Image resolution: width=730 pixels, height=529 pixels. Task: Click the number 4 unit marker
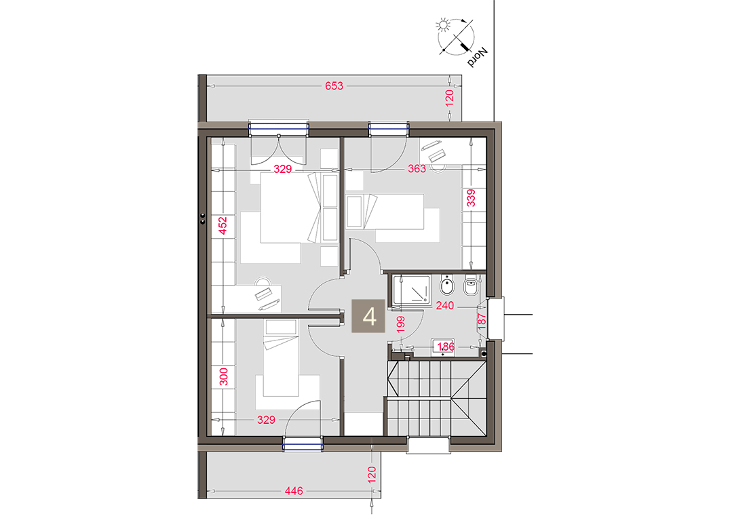(368, 316)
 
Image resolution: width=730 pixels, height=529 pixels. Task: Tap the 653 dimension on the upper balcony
(334, 86)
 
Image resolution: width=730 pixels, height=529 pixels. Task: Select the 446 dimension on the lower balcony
(294, 491)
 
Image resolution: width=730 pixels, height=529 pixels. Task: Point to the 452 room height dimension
(223, 225)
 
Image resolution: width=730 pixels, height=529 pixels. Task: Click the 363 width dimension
(417, 169)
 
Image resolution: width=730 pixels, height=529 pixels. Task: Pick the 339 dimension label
(471, 198)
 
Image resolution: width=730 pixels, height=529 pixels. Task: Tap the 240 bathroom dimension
(444, 306)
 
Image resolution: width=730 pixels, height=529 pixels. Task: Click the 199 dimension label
(400, 324)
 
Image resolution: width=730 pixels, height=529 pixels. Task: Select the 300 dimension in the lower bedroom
(223, 377)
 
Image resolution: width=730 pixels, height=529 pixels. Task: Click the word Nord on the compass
(477, 57)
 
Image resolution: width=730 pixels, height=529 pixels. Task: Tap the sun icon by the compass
(443, 24)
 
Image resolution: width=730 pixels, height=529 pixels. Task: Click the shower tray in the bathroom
(411, 290)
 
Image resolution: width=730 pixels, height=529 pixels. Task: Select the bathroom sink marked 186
(443, 347)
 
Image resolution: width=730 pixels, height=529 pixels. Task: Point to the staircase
(436, 398)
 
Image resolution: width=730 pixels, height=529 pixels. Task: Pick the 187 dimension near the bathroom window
(482, 321)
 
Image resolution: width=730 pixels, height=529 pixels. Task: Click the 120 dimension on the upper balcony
(449, 98)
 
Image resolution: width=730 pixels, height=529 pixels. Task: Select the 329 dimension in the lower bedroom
(267, 420)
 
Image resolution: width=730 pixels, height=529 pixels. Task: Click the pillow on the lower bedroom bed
(281, 328)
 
